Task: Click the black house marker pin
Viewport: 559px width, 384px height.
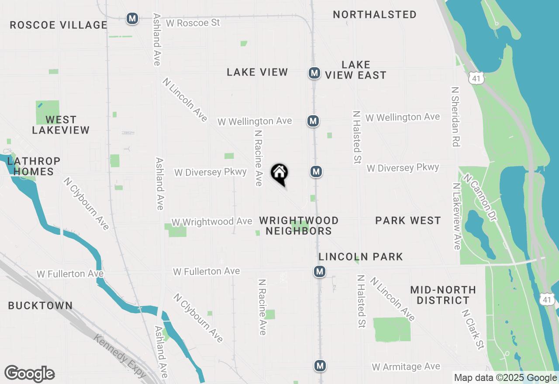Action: coord(279,174)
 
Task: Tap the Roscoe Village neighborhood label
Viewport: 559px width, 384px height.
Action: coord(59,25)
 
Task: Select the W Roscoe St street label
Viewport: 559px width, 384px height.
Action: coord(193,23)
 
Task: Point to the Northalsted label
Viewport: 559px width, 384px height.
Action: coord(374,14)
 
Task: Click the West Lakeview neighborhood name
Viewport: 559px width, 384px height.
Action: coord(61,125)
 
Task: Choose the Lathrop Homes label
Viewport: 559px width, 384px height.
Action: coord(34,166)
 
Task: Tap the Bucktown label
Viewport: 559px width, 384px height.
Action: coord(41,305)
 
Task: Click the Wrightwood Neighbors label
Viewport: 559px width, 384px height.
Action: coord(299,226)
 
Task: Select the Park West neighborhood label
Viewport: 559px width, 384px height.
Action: coord(408,221)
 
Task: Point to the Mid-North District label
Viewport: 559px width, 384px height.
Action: coord(443,295)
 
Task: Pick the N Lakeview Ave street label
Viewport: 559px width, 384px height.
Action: coord(457,216)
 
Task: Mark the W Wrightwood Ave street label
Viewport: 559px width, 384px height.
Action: coord(212,222)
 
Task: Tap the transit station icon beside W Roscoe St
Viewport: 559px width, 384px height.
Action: coord(132,19)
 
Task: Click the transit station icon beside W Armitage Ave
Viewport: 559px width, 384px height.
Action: coord(321,366)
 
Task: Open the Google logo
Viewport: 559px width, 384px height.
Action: coord(29,374)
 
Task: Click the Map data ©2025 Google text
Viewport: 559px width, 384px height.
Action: coord(505,378)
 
